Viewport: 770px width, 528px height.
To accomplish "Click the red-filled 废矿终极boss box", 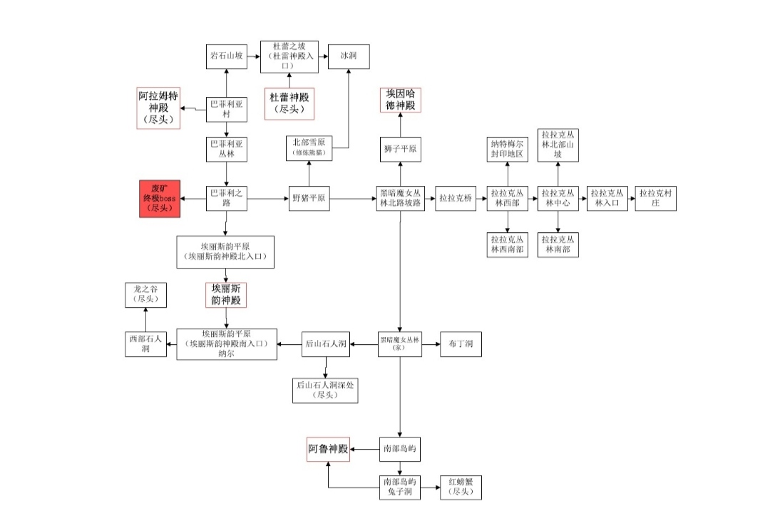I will tap(160, 198).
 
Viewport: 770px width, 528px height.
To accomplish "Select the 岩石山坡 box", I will tap(227, 55).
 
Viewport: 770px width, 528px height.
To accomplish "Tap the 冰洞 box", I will tap(349, 55).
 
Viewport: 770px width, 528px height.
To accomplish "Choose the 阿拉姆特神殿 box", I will tap(158, 108).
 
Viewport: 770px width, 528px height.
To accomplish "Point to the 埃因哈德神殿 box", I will tap(399, 99).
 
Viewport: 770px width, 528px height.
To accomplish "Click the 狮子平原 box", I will tap(399, 150).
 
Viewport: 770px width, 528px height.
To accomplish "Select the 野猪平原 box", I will tap(309, 198).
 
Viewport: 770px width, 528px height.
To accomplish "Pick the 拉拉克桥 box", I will tap(456, 198).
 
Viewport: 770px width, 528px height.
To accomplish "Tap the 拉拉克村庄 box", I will tap(656, 198).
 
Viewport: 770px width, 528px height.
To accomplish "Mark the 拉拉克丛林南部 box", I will tap(558, 244).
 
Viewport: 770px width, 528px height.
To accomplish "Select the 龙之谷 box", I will tap(146, 295).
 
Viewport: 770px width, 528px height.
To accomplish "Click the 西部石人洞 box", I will tap(146, 345).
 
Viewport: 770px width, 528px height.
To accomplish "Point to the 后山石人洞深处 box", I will tap(325, 390).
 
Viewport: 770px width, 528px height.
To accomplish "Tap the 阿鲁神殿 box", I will tap(329, 449).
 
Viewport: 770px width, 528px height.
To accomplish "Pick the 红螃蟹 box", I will tap(461, 487).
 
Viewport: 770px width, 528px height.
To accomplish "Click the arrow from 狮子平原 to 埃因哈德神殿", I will tap(399, 125).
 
